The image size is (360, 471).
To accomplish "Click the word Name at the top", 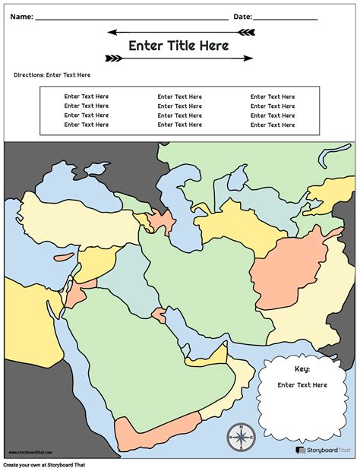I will pyautogui.click(x=21, y=16).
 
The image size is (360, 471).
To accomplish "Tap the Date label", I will pyautogui.click(x=242, y=16).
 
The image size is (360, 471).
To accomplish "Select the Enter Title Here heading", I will pyautogui.click(x=178, y=46).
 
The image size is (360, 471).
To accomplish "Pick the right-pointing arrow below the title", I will pyautogui.click(x=177, y=58).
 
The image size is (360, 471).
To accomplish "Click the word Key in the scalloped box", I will pyautogui.click(x=302, y=368).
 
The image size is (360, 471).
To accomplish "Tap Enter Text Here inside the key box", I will pyautogui.click(x=302, y=385).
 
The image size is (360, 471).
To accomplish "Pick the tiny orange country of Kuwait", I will pyautogui.click(x=159, y=315).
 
